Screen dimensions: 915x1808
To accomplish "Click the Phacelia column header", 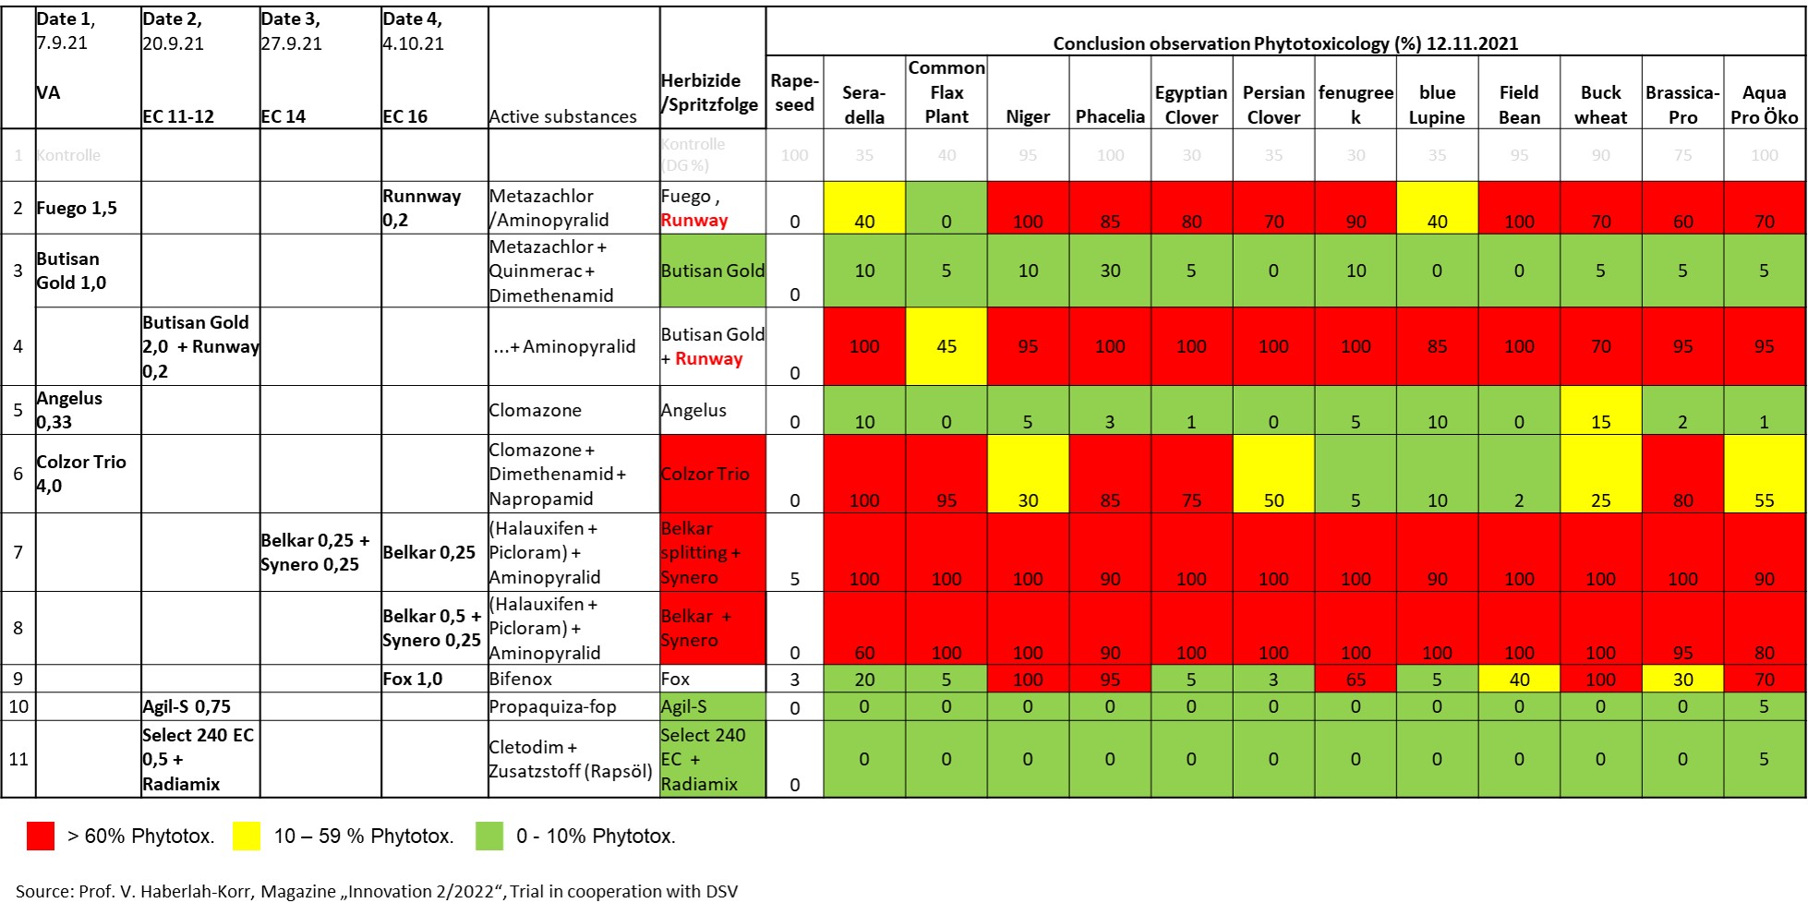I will click(x=1110, y=116).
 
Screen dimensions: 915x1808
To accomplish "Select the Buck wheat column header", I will click(x=1600, y=104).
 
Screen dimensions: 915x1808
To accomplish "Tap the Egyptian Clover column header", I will click(x=1191, y=104).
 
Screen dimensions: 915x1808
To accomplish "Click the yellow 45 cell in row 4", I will click(x=946, y=346).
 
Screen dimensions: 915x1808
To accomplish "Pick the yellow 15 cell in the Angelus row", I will click(x=1600, y=411).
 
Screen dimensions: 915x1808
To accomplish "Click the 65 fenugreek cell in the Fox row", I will click(x=1356, y=679).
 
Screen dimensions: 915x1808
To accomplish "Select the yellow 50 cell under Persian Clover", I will click(x=1273, y=474).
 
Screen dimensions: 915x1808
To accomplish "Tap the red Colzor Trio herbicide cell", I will click(x=712, y=474).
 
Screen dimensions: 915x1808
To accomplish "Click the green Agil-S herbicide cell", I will click(x=712, y=706).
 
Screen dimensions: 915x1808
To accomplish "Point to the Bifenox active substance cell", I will click(x=521, y=679).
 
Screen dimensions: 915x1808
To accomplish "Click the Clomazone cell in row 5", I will click(x=536, y=410).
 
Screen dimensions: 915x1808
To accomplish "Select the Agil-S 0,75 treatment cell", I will click(x=187, y=706).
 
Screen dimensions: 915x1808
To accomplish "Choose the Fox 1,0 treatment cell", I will click(x=413, y=679).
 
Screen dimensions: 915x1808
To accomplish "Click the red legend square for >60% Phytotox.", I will click(x=41, y=836).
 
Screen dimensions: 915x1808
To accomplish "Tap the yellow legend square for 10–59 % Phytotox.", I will click(x=247, y=836).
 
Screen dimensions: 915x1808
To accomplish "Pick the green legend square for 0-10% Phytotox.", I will click(x=489, y=836).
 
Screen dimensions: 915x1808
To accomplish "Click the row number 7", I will click(x=18, y=552).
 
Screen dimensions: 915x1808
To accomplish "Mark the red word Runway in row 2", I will click(x=694, y=220).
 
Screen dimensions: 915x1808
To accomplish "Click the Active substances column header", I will click(x=562, y=116).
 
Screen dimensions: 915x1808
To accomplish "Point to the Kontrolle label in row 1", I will click(x=69, y=155).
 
